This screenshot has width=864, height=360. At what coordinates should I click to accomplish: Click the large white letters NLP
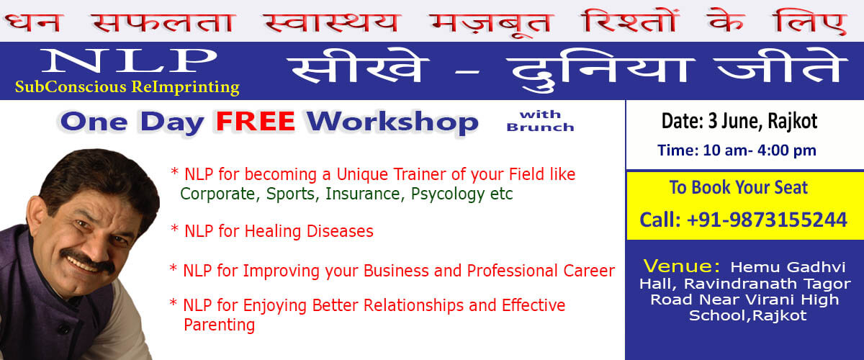pos(129,60)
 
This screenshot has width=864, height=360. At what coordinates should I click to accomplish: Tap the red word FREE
pos(256,122)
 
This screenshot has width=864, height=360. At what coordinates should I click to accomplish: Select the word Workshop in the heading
pos(392,123)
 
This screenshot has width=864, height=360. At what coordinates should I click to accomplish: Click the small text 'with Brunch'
pos(540,121)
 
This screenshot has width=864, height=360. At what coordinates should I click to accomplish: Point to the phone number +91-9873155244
pos(767,220)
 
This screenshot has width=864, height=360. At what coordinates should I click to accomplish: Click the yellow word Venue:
pos(682,266)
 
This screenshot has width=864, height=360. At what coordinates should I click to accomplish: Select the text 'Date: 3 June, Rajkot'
pos(739,121)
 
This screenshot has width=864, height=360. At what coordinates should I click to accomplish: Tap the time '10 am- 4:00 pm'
pos(760,150)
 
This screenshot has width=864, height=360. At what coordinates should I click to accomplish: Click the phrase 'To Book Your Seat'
pos(738,187)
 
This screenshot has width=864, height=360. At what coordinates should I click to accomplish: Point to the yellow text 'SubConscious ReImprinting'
pos(127,87)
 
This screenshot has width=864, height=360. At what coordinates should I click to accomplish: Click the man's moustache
pos(87,261)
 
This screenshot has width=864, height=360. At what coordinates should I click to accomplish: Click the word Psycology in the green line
pos(447,194)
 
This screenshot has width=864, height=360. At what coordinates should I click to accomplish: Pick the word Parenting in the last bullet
pos(219,325)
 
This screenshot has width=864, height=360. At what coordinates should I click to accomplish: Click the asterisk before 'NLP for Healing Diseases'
pos(174,228)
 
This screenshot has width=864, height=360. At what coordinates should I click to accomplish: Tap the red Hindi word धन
pos(33,22)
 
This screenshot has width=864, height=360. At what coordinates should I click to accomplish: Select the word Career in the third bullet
pos(589,271)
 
